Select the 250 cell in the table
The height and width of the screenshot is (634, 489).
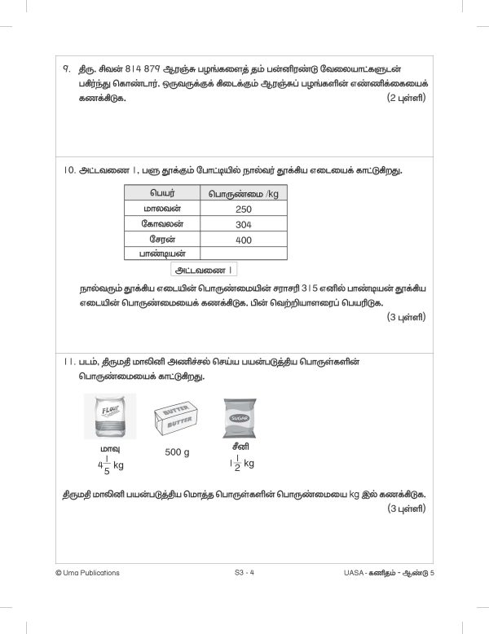(x=243, y=209)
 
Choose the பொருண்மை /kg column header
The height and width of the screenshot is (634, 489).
(x=243, y=194)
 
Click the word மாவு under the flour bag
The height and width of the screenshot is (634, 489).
(x=104, y=449)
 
